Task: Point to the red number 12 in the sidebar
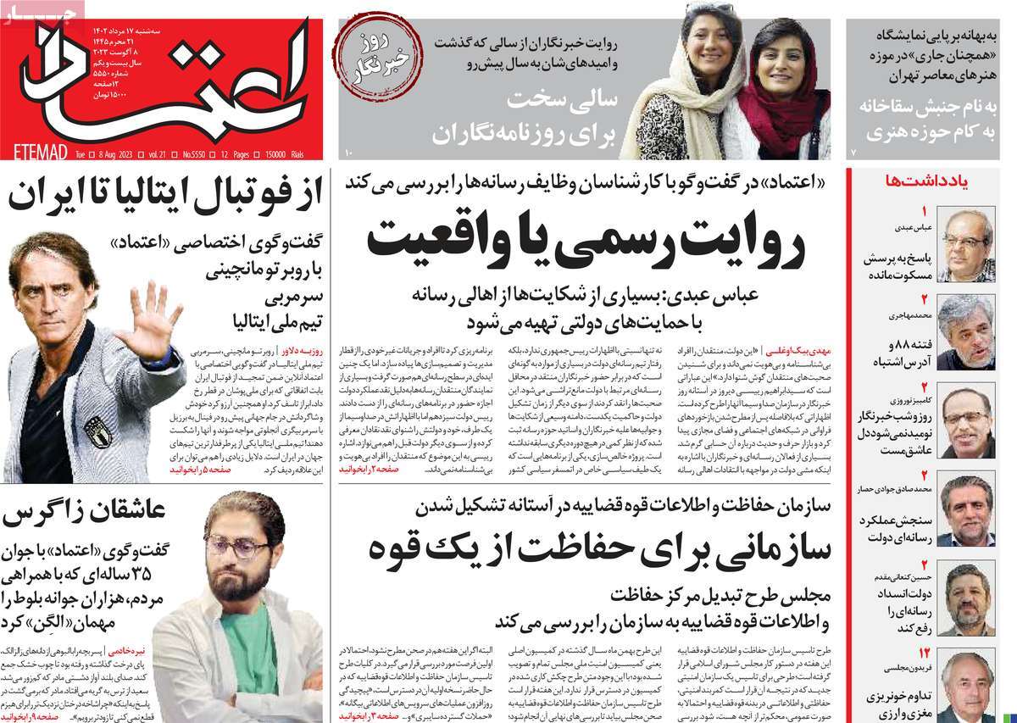click(x=924, y=653)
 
